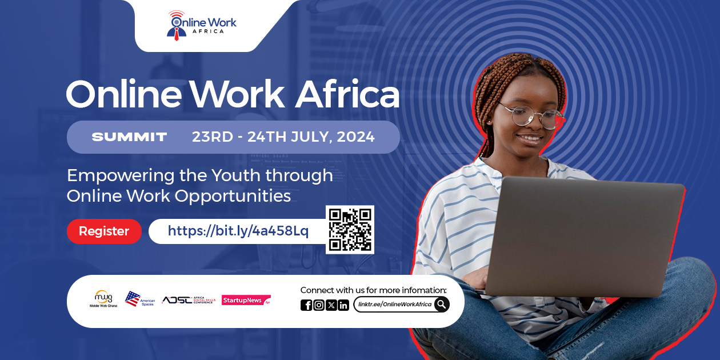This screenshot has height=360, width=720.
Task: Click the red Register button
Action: coord(104,231)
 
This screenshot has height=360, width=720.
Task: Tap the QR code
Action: coord(350,230)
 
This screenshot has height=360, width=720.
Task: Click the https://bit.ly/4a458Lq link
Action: coord(238,231)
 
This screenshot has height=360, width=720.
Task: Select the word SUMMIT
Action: coord(129,137)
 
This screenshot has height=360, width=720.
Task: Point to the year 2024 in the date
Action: coord(356,137)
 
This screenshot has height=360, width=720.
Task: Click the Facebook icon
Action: coord(306,305)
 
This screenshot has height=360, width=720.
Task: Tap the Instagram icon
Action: coord(319,305)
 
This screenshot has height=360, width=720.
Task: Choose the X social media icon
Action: coord(331,305)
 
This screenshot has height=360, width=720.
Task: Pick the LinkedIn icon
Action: coord(343,305)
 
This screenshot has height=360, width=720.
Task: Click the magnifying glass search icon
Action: coord(441,305)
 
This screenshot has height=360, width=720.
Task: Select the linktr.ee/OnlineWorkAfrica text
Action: coord(395,305)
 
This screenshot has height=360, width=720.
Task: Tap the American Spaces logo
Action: coord(139,299)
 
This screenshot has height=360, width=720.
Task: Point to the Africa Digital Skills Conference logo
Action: coord(188,300)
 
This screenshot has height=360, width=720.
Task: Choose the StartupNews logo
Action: coord(246,300)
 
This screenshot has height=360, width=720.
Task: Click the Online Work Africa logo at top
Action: coord(202,25)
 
